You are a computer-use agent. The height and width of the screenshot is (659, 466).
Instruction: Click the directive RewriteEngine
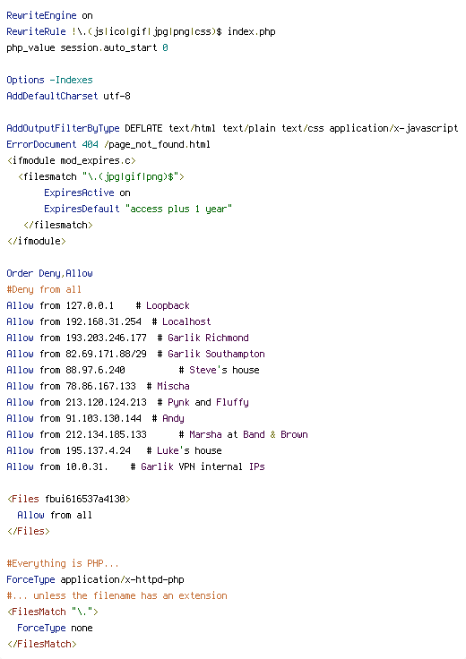pos(41,15)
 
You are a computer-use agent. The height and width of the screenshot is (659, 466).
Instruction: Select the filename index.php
pos(252,31)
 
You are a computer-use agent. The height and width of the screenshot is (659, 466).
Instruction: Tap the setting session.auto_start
pos(108,48)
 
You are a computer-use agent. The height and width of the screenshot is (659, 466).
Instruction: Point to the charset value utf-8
pos(116,96)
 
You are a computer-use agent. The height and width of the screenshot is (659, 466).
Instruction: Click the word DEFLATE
pos(143,128)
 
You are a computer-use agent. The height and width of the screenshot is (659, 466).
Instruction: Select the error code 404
pos(90,144)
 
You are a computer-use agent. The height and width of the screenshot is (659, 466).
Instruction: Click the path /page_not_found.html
pos(157,144)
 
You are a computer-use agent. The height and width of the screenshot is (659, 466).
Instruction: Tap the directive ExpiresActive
pos(79,193)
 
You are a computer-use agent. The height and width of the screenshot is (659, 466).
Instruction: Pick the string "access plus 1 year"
pos(178,209)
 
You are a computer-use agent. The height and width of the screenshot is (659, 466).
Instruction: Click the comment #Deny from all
pos(44,289)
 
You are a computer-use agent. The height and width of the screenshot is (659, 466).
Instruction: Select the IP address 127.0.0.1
pos(90,305)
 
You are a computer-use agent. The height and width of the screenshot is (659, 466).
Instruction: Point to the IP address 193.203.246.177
pos(106,338)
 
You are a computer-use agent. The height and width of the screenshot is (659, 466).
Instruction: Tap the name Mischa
pos(173,386)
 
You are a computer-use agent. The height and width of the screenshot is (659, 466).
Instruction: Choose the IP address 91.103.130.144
pos(103,419)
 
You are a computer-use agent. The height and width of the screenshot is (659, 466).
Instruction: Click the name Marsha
pos(205,434)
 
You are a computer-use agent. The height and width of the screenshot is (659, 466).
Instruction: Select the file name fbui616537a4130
pos(85,499)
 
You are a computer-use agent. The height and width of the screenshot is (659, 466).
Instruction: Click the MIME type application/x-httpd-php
pos(123,580)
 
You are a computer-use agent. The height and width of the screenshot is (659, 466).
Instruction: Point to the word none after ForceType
pos(82,629)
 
